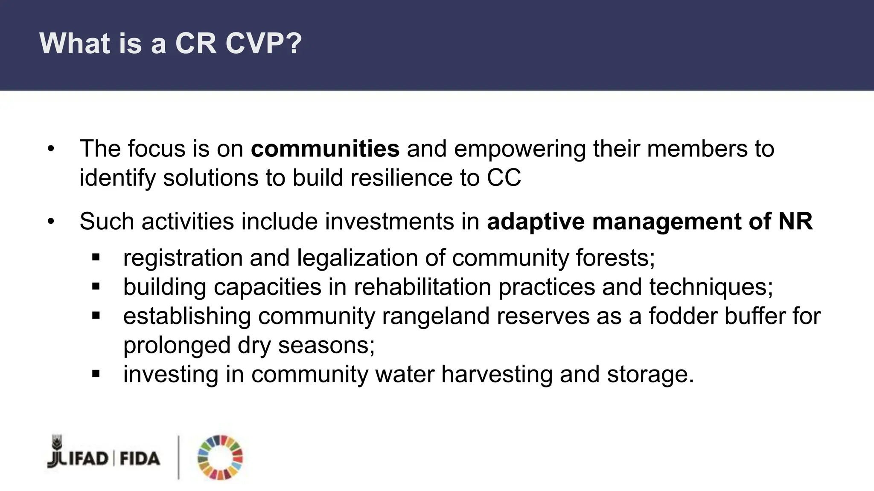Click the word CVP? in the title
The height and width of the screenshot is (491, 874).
coord(263,43)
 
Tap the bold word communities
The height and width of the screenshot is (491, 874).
coord(325,149)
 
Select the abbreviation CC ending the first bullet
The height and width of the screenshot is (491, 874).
coord(504,178)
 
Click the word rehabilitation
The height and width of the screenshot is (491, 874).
coord(422,287)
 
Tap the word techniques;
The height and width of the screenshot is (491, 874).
coord(711,287)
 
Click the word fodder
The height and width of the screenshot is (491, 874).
coord(683,316)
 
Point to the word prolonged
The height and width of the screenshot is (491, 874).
coord(177,345)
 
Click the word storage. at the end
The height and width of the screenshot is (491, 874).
coord(650,374)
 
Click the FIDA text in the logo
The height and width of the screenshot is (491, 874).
coord(140,459)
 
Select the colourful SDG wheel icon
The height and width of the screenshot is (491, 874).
coord(220,458)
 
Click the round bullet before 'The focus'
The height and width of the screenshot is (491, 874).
coord(51,149)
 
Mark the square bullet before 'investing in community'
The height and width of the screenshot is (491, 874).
coord(96,374)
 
